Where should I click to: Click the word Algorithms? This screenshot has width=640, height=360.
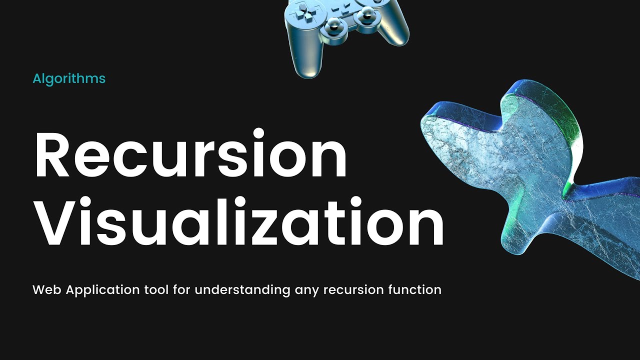point(69,78)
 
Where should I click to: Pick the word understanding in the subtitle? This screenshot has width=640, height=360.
point(242,290)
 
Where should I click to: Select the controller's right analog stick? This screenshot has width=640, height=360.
point(362,17)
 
